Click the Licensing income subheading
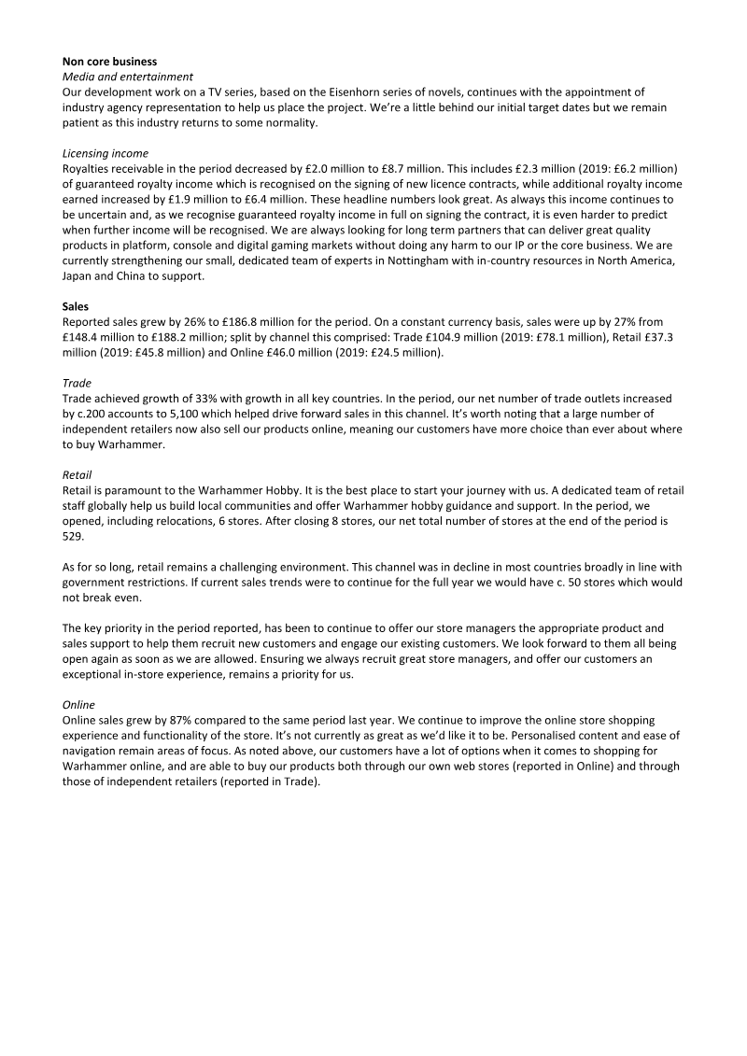(x=105, y=153)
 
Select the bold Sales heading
(x=78, y=305)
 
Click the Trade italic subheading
(x=77, y=382)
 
